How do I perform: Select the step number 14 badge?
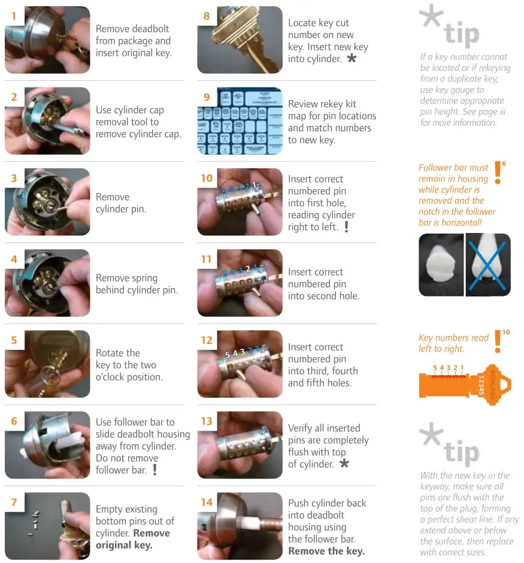(207, 502)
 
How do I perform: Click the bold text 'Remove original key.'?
(132, 539)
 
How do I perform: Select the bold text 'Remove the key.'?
(326, 551)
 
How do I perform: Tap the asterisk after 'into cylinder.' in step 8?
(352, 59)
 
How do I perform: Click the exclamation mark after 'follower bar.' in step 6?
(155, 470)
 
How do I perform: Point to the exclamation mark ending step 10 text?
(346, 227)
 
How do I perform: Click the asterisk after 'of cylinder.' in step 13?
(344, 464)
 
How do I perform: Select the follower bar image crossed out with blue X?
(487, 265)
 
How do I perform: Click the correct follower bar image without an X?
(441, 265)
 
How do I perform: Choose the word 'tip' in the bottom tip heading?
(461, 453)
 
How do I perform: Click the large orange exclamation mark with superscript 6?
(498, 172)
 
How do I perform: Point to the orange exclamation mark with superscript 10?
(498, 341)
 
